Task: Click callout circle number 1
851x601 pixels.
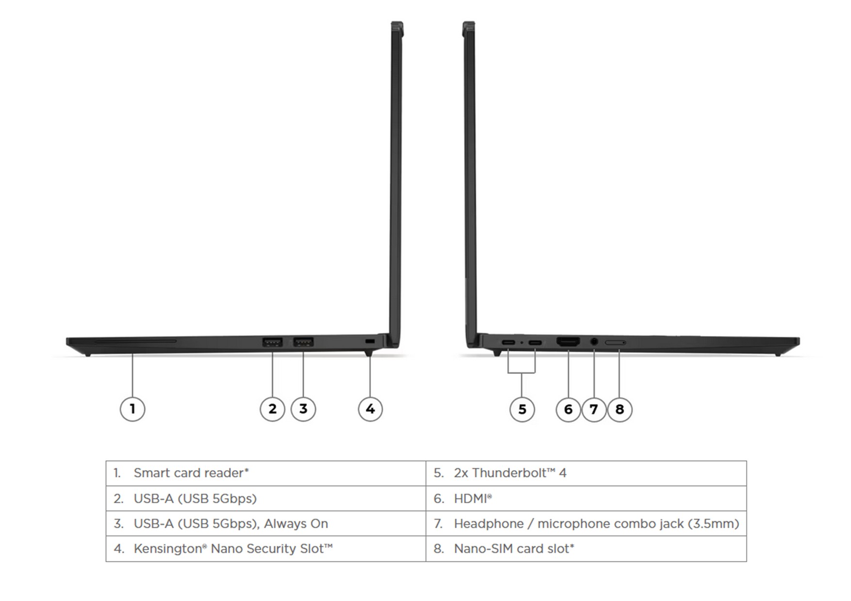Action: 132,409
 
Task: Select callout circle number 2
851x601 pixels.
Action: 272,409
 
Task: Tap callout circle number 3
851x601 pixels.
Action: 303,409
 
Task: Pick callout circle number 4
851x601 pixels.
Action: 370,409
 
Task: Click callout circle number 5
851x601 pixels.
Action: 522,410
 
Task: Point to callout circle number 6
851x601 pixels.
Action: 568,410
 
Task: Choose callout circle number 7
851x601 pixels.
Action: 594,410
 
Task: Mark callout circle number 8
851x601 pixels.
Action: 620,410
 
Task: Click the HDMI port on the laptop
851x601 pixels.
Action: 568,342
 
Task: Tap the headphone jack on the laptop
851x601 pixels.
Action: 594,342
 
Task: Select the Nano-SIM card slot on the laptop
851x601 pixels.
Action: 615,343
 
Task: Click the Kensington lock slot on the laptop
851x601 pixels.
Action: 370,342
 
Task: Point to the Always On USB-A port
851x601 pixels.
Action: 303,342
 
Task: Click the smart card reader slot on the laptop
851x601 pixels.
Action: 136,341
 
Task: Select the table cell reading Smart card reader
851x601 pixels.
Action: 266,473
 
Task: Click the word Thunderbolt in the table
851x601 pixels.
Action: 505,473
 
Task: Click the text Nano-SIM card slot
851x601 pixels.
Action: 514,549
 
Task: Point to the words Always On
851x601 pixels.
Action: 296,523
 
